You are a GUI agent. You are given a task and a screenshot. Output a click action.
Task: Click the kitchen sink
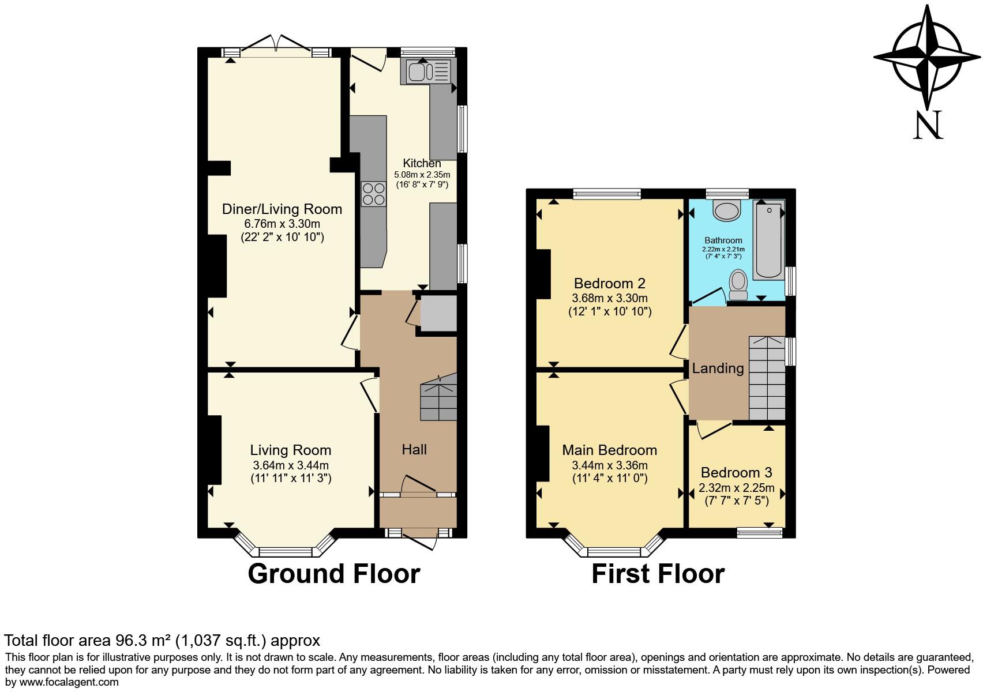(429, 72)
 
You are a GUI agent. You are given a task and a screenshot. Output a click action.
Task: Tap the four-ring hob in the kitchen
(373, 194)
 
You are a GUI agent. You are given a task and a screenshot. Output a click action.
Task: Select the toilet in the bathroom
(738, 285)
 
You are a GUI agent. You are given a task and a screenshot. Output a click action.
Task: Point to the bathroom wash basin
(726, 210)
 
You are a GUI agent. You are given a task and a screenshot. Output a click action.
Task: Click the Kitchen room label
(422, 163)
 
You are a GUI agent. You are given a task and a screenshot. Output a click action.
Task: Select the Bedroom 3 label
(736, 472)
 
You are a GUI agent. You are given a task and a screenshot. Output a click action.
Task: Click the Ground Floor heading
(333, 574)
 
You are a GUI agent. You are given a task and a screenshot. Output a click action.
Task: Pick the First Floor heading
(658, 574)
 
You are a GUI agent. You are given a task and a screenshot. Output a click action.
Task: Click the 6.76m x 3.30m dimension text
(282, 224)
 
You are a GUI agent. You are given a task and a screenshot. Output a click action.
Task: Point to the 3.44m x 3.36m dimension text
(609, 465)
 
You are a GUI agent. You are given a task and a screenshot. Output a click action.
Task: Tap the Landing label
(718, 368)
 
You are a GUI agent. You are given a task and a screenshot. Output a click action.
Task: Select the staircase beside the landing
(767, 378)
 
